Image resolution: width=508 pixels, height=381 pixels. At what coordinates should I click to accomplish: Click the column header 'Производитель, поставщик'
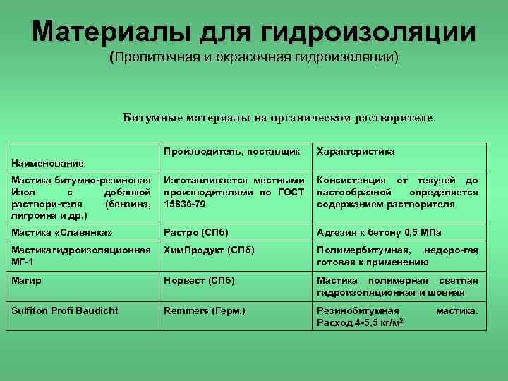[232, 152]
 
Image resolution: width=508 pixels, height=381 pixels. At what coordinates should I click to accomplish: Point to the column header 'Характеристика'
[356, 152]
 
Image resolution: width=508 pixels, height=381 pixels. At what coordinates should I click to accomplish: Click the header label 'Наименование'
[47, 163]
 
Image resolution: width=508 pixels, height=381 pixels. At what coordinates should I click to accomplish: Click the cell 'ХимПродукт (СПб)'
[209, 250]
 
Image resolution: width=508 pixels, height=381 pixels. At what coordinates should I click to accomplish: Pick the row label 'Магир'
[26, 280]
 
